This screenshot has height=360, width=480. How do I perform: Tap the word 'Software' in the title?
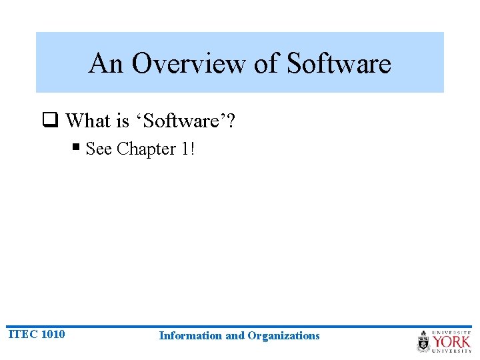pos(339,63)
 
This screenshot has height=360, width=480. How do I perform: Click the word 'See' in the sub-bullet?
pos(99,149)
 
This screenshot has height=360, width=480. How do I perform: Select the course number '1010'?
pos(53,334)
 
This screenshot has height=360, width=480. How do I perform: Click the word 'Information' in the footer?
pos(191,335)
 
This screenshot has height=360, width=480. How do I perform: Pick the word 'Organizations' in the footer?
pos(283,335)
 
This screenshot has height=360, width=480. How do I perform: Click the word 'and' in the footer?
pos(235,335)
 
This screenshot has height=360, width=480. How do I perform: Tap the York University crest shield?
pos(424,341)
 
